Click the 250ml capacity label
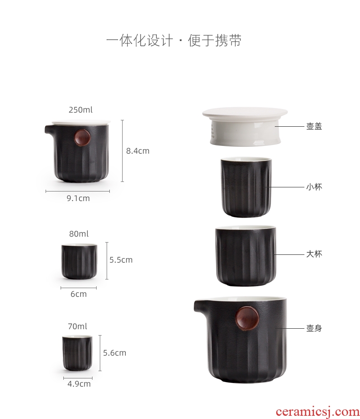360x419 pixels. pos(81,110)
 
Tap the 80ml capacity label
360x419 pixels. pos(79,234)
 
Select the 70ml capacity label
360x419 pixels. pos(77,326)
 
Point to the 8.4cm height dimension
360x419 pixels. pos(138,151)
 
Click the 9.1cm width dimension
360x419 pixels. pos(78,198)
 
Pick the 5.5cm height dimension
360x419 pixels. pos(121,260)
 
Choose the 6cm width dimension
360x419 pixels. pos(78,294)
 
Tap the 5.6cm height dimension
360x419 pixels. pos(114,353)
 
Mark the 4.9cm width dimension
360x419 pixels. pos(79,384)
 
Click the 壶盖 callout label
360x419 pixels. pos(314,126)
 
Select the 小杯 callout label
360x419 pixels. pos(314,187)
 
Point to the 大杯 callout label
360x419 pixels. pos(314,254)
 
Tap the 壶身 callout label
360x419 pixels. pos(314,328)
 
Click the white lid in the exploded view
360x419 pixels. pos(245,125)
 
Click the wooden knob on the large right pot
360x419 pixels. pos(247,318)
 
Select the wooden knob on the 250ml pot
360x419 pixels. pos(82,138)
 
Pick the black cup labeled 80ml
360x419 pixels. pos(79,261)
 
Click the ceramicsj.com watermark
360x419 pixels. pos(318,412)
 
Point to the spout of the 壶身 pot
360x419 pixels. pos(201,307)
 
